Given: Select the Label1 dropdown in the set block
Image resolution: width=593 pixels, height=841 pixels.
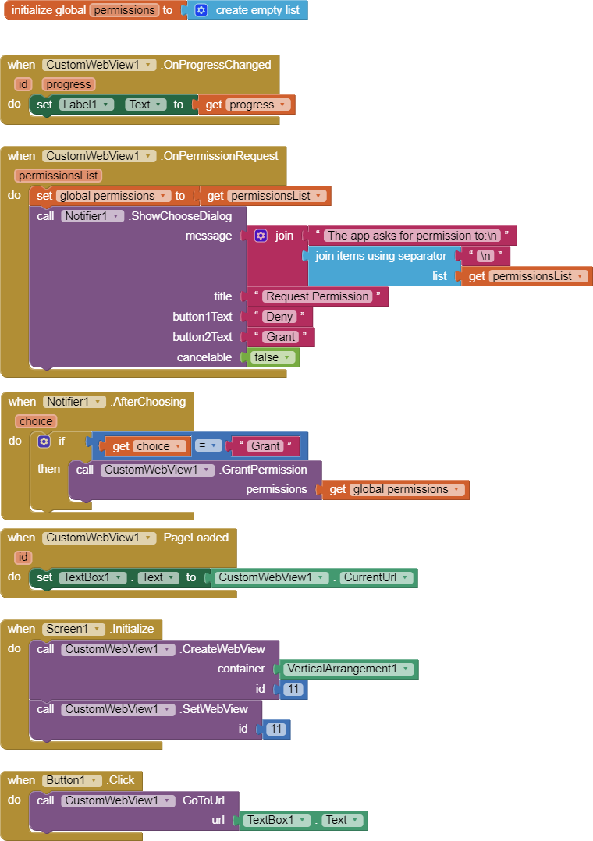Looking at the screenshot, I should click(x=87, y=105).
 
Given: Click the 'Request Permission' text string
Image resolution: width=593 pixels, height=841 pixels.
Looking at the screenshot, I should click(x=317, y=296).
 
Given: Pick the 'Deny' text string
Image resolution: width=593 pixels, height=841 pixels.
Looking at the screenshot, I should click(x=279, y=317).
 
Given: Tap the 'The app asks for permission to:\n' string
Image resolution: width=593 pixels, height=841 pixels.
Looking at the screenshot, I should click(x=413, y=236).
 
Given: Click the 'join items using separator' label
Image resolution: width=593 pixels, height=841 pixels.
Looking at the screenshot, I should click(x=381, y=256).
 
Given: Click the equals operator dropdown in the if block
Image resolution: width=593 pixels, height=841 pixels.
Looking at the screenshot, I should click(x=208, y=446).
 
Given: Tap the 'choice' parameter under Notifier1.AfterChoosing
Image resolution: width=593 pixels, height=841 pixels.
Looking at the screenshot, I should click(x=36, y=421).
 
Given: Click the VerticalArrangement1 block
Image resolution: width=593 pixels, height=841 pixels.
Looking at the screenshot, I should click(x=346, y=669).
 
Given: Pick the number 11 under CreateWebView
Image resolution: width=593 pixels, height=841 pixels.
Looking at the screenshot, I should click(x=293, y=689).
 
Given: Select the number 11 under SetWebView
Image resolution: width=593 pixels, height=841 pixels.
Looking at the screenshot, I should click(x=276, y=729).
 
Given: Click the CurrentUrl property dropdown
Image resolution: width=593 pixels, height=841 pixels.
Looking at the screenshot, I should click(x=378, y=577).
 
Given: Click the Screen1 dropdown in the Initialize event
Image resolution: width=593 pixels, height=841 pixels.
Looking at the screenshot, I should click(x=73, y=629).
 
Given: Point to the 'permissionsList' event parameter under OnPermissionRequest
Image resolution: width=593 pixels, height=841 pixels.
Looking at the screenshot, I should click(x=58, y=176).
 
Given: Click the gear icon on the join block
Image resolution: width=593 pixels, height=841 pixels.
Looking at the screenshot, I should click(x=261, y=236).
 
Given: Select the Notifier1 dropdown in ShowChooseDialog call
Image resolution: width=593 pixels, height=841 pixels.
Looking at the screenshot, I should click(x=92, y=215).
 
